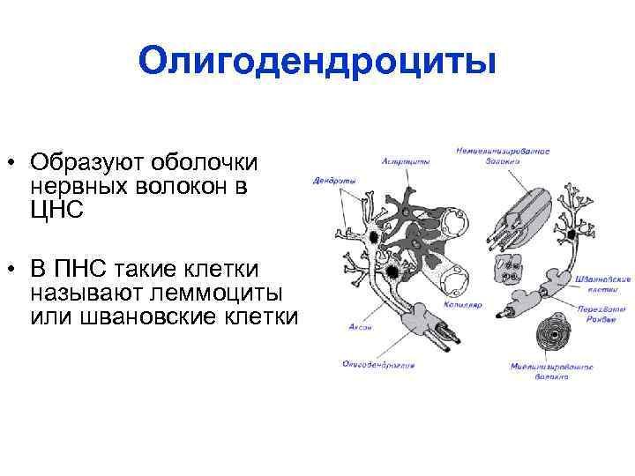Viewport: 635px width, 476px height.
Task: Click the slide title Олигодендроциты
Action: [317, 63]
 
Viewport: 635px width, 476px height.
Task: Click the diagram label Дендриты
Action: [334, 182]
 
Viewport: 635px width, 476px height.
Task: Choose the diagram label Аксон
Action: [347, 327]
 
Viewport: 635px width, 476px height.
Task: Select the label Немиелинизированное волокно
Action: [503, 156]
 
